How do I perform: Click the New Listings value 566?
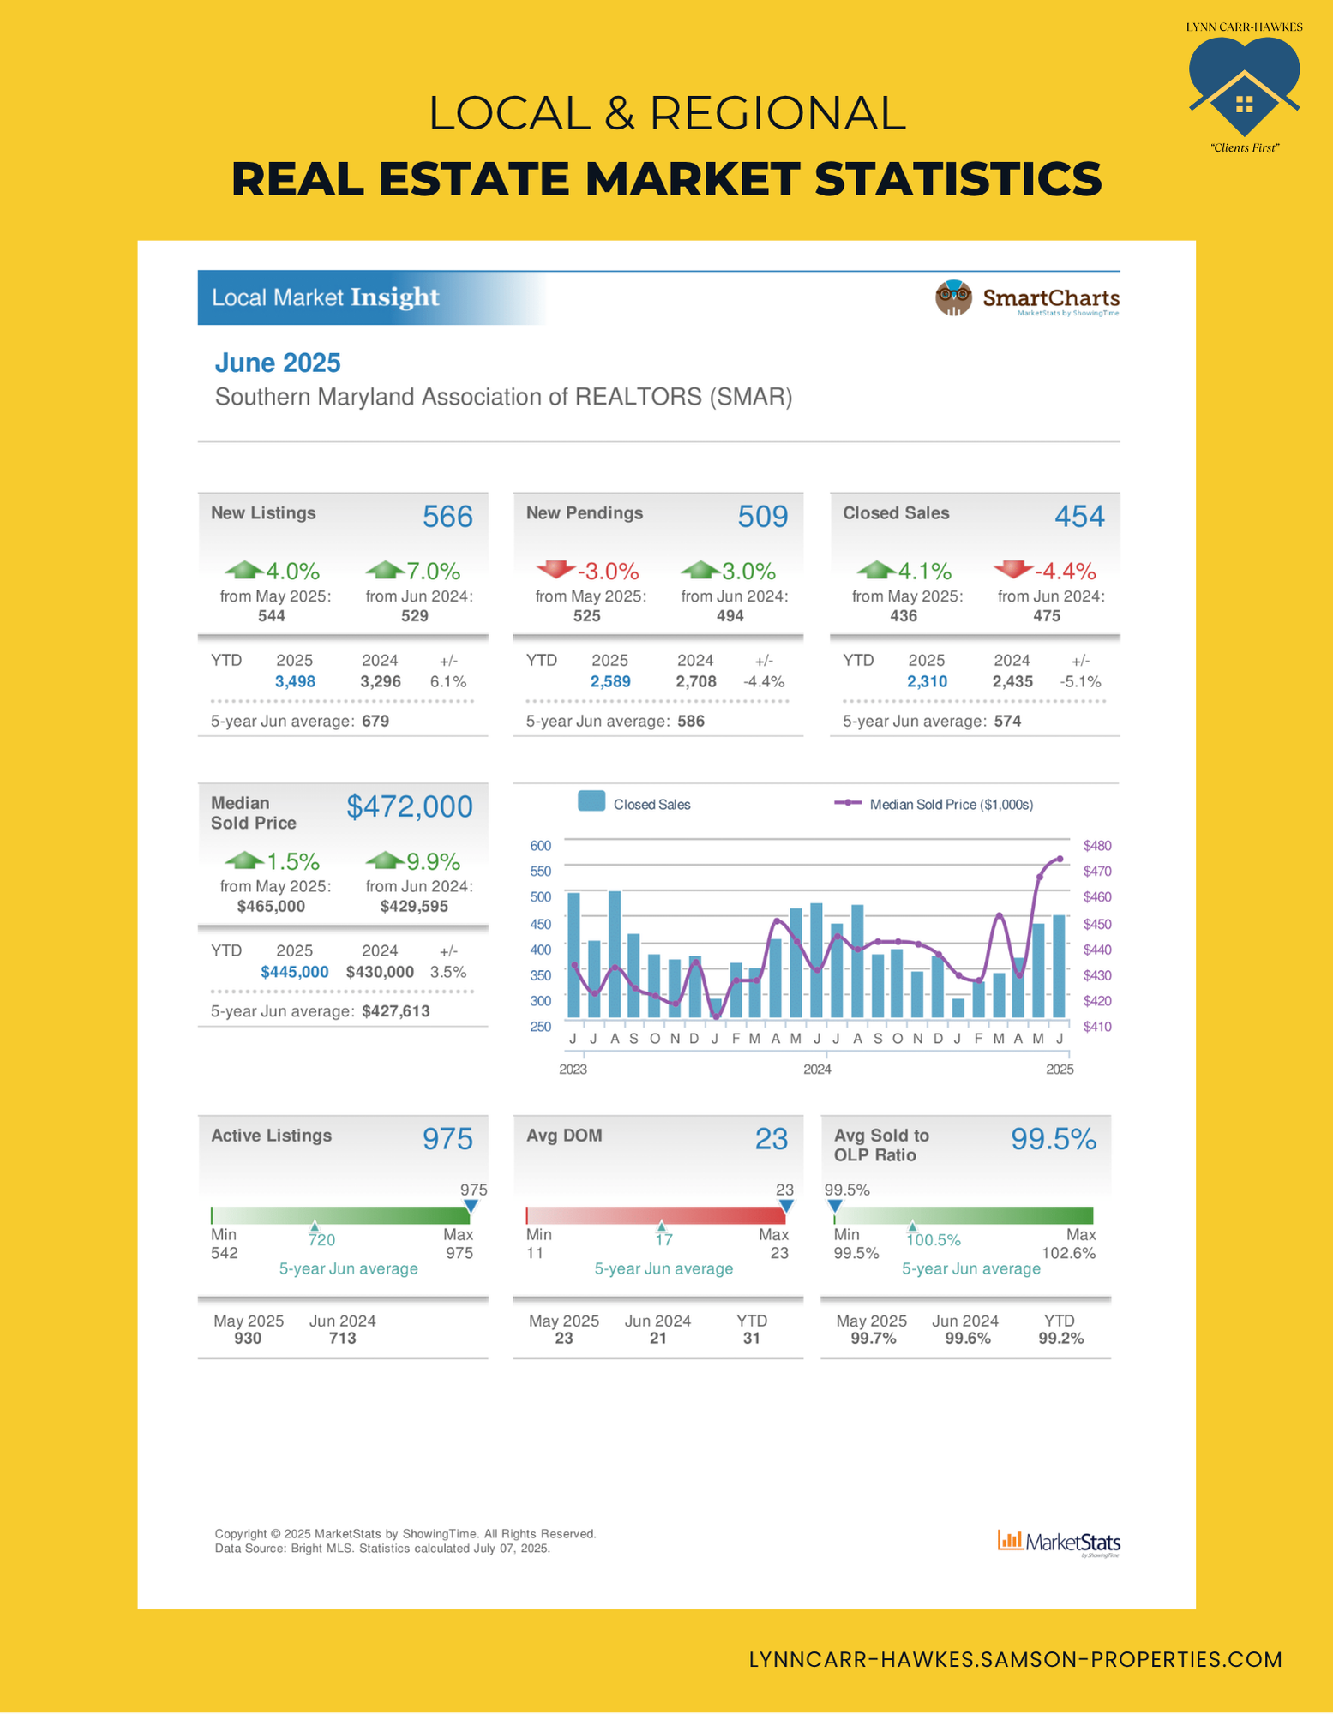click(x=447, y=517)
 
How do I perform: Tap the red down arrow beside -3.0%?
click(x=555, y=568)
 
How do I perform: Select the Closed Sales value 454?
click(x=1079, y=517)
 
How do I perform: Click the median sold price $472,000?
click(x=409, y=806)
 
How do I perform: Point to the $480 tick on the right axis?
click(x=1097, y=846)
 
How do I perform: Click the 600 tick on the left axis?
click(x=540, y=846)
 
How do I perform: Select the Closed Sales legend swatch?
click(x=591, y=801)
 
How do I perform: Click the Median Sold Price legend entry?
click(x=934, y=805)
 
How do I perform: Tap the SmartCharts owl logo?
click(x=953, y=298)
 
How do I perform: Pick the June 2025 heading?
click(x=278, y=363)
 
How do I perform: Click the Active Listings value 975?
click(x=447, y=1139)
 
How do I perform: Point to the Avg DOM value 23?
click(x=771, y=1139)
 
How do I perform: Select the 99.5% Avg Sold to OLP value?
click(x=1053, y=1139)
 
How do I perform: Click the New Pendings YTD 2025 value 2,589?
click(x=610, y=682)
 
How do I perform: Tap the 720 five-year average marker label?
click(x=321, y=1240)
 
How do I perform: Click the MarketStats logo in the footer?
click(x=1059, y=1543)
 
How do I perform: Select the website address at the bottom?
click(x=1015, y=1660)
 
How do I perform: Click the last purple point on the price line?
click(x=1060, y=859)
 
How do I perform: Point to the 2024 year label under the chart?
click(x=817, y=1070)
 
